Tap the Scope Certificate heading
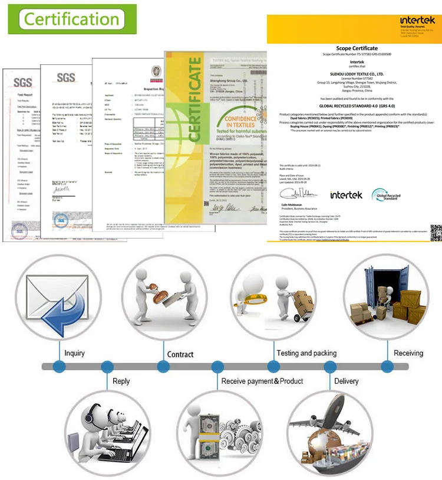click(357, 48)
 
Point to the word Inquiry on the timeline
click(74, 353)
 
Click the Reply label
click(121, 381)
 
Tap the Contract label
click(180, 354)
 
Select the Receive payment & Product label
click(262, 381)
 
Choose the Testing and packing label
click(306, 353)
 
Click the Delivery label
click(346, 381)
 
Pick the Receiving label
click(408, 353)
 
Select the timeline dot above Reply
click(107, 367)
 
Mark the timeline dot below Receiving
click(385, 367)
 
